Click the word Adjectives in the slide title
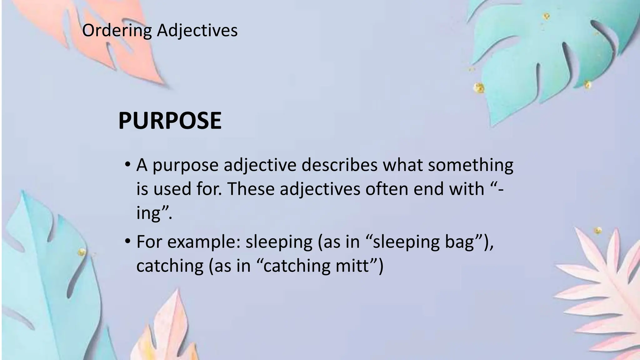click(197, 31)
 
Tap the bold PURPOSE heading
click(170, 121)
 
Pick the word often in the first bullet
click(387, 189)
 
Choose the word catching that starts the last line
click(170, 266)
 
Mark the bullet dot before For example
click(127, 241)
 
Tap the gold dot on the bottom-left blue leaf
click(82, 252)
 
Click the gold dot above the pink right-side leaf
click(598, 231)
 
